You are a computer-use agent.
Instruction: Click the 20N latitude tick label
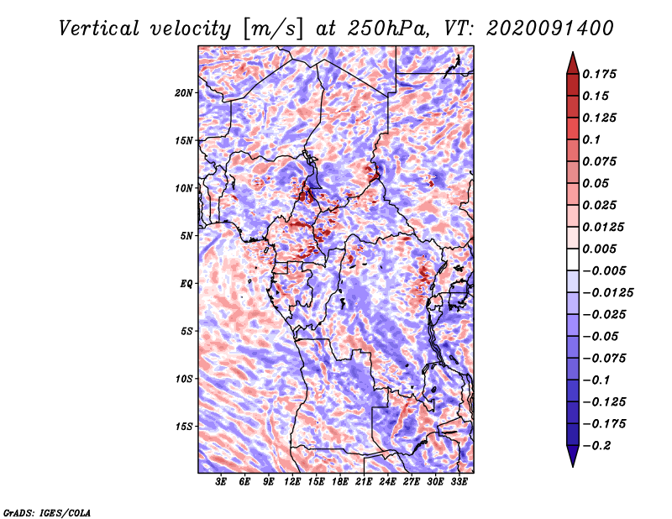point(184,93)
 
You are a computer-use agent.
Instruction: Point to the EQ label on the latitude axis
point(186,284)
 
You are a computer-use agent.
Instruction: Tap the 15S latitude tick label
point(184,427)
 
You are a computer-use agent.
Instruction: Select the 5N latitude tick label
point(186,236)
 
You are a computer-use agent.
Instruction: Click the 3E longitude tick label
point(221,482)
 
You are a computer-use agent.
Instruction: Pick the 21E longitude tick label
point(364,482)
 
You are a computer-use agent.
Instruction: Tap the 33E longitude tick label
point(459,482)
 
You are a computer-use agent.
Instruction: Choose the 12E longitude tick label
point(291,482)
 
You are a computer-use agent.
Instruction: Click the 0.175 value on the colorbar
point(599,74)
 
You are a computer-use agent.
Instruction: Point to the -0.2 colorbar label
point(596,446)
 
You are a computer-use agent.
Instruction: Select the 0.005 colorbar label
point(599,249)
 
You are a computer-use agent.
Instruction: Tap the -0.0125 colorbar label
point(607,293)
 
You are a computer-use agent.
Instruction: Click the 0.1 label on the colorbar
point(591,139)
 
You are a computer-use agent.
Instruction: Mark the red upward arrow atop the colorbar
point(573,64)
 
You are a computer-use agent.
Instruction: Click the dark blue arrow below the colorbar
point(573,456)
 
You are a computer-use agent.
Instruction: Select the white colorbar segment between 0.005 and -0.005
point(573,259)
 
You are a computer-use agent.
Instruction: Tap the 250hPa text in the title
point(388,29)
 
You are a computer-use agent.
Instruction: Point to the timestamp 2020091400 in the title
point(550,29)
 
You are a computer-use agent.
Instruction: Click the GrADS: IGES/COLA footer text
point(47,513)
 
